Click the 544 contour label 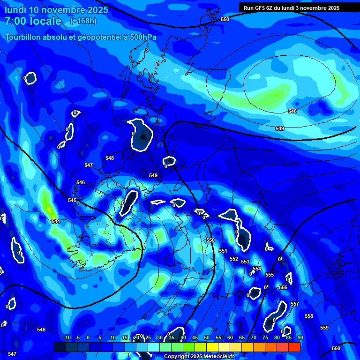tap(56, 221)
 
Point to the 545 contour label tap(72, 200)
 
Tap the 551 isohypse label tap(223, 251)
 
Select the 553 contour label tap(245, 262)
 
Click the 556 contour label tap(283, 287)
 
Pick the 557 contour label tap(295, 304)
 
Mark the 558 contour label tap(309, 316)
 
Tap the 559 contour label tap(324, 328)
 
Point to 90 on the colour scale tap(300, 337)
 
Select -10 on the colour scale tap(67, 337)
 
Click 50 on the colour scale tap(207, 337)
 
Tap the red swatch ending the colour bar tap(294, 347)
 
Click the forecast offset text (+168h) tap(83, 21)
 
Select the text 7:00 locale tap(33, 21)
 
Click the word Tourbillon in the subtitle tap(23, 37)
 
